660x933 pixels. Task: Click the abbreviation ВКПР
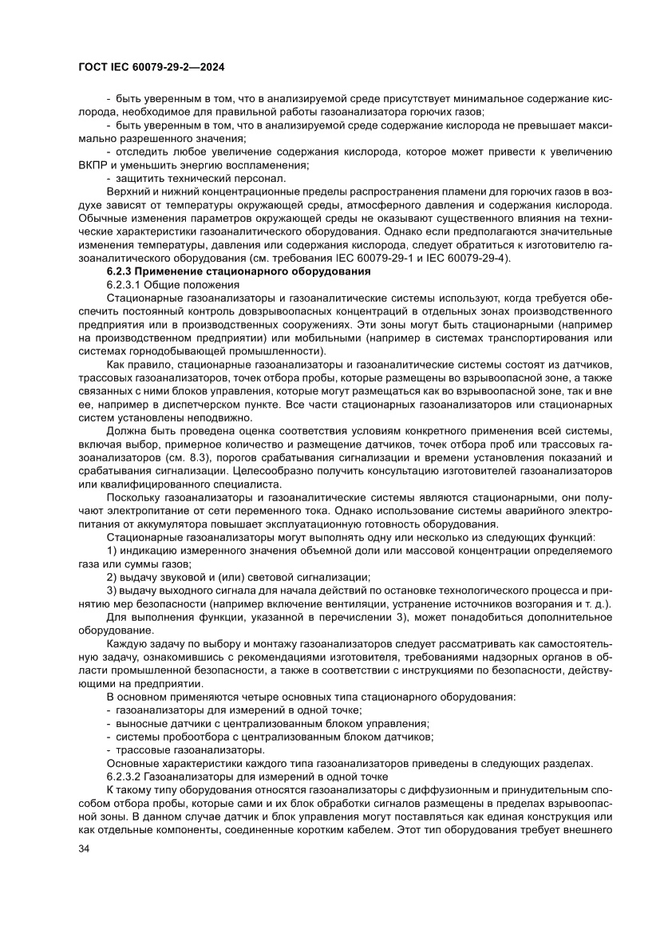tap(96, 164)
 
